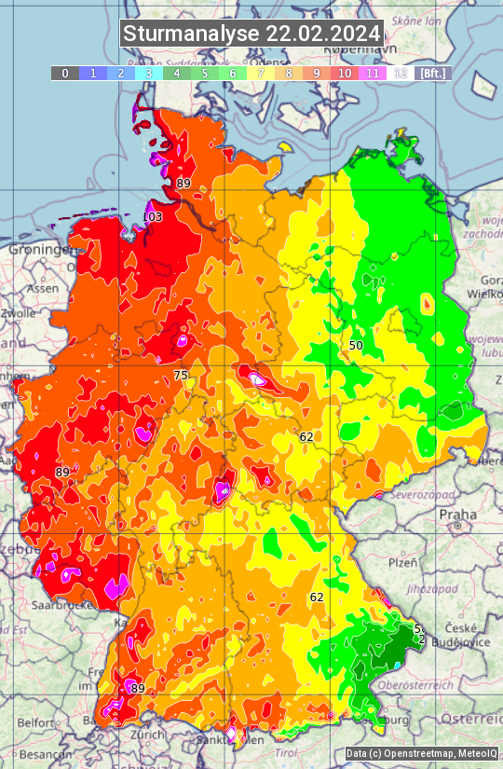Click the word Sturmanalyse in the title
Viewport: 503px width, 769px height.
click(x=192, y=34)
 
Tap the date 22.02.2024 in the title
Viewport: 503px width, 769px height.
click(x=323, y=34)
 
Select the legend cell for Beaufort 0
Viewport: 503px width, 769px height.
click(x=64, y=73)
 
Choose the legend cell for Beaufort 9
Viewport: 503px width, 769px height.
click(x=317, y=73)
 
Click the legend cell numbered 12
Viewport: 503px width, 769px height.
click(x=401, y=73)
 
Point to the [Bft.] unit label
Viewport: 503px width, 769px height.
click(x=433, y=73)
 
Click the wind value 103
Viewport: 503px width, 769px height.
click(x=152, y=217)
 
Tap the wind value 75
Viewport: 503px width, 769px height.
click(x=181, y=375)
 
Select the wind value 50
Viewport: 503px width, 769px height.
click(x=356, y=345)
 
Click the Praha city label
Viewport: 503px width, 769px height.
click(x=457, y=514)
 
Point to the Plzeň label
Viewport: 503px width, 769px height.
click(x=402, y=562)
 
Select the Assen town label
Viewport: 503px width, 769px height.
click(x=41, y=289)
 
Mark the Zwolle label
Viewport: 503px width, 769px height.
click(x=19, y=313)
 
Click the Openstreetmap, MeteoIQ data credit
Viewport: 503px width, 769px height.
click(x=421, y=753)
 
